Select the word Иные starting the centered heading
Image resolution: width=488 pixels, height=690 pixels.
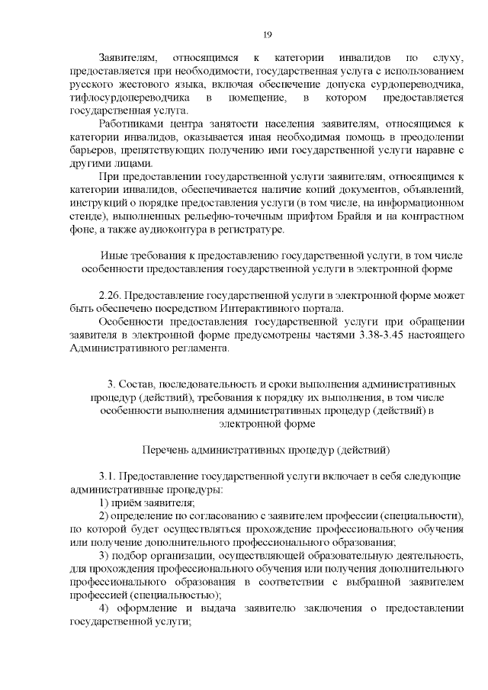[114, 255]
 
